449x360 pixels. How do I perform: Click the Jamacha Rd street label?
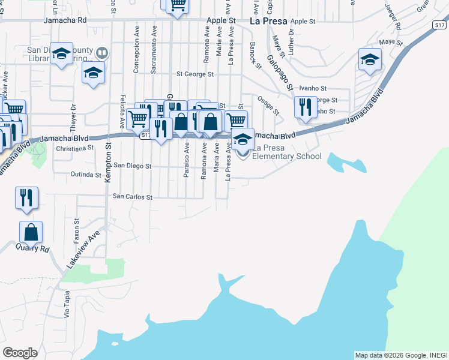[65, 20]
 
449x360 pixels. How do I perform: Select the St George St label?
[194, 74]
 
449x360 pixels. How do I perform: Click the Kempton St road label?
[109, 163]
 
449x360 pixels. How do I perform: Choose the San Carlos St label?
[133, 196]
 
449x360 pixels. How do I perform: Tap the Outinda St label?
[86, 175]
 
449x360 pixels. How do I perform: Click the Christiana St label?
[74, 147]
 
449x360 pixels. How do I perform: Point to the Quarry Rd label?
[33, 247]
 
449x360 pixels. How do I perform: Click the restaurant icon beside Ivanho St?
[306, 107]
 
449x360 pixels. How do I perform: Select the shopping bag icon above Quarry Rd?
[31, 232]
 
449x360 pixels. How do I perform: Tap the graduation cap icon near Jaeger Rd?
[370, 60]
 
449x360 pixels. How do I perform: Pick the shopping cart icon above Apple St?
[177, 5]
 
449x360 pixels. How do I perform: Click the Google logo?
[20, 353]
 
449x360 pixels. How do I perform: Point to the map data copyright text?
[401, 355]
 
